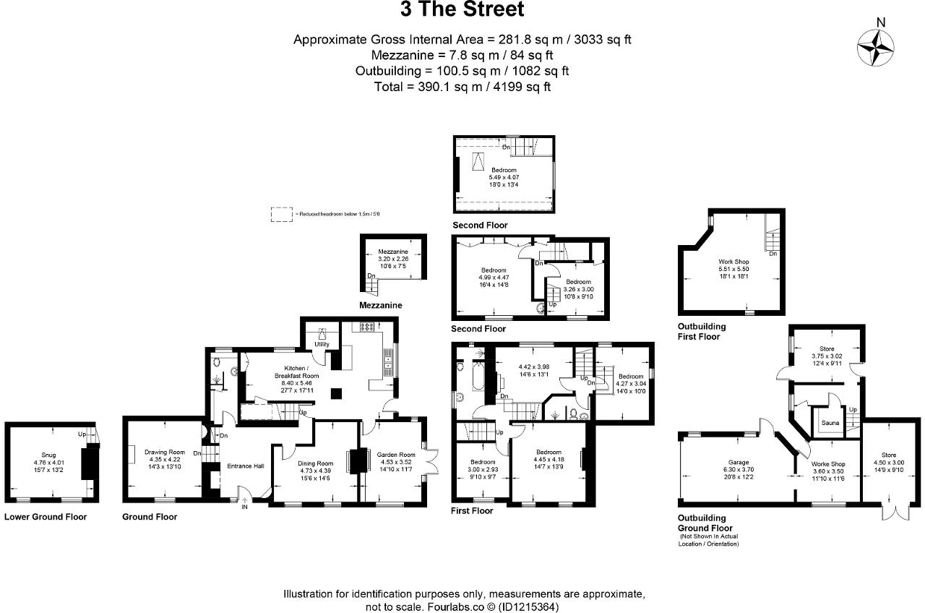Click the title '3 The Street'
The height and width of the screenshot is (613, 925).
click(x=462, y=11)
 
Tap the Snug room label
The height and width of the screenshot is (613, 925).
click(x=48, y=455)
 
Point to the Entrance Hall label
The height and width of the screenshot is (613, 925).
click(x=246, y=466)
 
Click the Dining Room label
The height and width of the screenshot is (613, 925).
click(x=315, y=463)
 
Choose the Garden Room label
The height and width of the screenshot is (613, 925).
click(x=393, y=455)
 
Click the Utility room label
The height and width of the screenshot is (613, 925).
click(x=322, y=344)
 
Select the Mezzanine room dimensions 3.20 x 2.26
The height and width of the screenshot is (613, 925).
click(x=393, y=258)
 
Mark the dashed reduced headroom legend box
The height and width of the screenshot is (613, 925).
click(x=280, y=214)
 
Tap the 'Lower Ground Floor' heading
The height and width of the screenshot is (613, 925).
click(x=46, y=517)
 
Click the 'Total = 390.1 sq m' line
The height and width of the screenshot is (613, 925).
click(x=462, y=87)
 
